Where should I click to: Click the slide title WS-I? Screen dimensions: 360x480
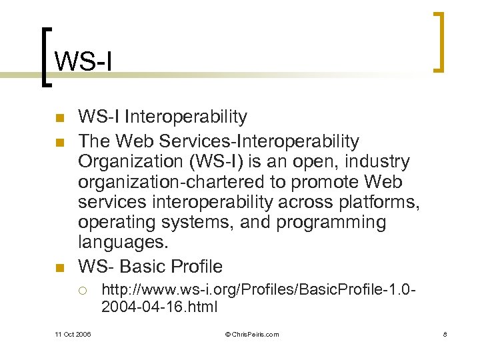[x=83, y=61]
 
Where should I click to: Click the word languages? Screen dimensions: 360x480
[x=121, y=242]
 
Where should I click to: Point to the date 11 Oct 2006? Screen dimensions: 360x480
[x=73, y=334]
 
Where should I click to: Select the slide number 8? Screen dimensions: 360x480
[x=444, y=334]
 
